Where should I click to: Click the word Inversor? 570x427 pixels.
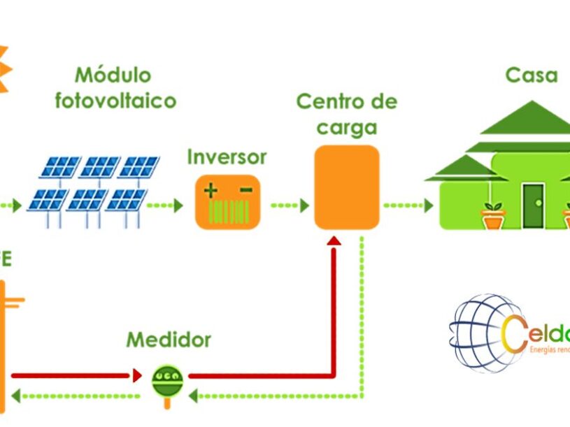pos(227,157)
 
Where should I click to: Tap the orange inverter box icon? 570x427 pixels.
pos(228,202)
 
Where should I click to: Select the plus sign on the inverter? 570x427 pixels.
pos(211,189)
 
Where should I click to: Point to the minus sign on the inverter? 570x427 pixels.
pos(245,189)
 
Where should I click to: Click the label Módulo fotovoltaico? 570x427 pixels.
pos(115,87)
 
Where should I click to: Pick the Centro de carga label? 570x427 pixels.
pos(346,114)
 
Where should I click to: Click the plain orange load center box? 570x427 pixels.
pos(347,187)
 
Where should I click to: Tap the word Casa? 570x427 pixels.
pos(532,75)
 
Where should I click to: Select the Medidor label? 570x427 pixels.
pos(169,340)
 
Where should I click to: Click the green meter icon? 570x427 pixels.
pos(168,380)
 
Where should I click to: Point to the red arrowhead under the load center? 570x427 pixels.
pos(334,241)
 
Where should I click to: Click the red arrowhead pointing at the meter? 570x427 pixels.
pos(137,376)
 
